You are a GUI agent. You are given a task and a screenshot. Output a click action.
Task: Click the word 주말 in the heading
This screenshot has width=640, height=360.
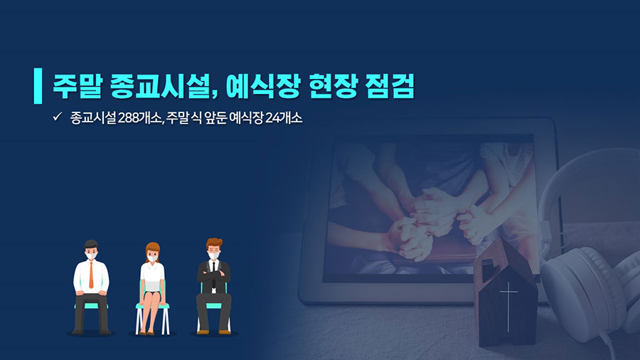tap(77, 86)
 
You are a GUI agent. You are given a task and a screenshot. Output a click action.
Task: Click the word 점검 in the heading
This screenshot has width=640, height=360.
tap(390, 86)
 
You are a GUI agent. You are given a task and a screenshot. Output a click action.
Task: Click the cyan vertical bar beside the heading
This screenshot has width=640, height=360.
tap(38, 85)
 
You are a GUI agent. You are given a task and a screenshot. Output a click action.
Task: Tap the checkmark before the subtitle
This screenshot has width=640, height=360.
tap(57, 117)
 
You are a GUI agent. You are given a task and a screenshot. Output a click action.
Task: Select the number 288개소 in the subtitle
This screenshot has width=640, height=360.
tap(140, 118)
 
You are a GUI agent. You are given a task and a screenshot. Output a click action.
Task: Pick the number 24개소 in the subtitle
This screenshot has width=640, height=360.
tap(284, 118)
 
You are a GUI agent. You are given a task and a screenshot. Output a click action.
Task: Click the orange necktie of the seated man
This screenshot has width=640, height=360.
tap(91, 275)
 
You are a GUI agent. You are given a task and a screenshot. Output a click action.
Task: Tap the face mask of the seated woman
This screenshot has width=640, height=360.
tap(152, 258)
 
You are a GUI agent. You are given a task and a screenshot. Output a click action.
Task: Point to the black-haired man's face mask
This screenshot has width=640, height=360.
tap(92, 256)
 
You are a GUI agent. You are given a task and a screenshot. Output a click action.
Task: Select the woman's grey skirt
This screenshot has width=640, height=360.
tap(152, 286)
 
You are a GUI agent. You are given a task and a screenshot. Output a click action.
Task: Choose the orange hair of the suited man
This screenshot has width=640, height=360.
tap(214, 243)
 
